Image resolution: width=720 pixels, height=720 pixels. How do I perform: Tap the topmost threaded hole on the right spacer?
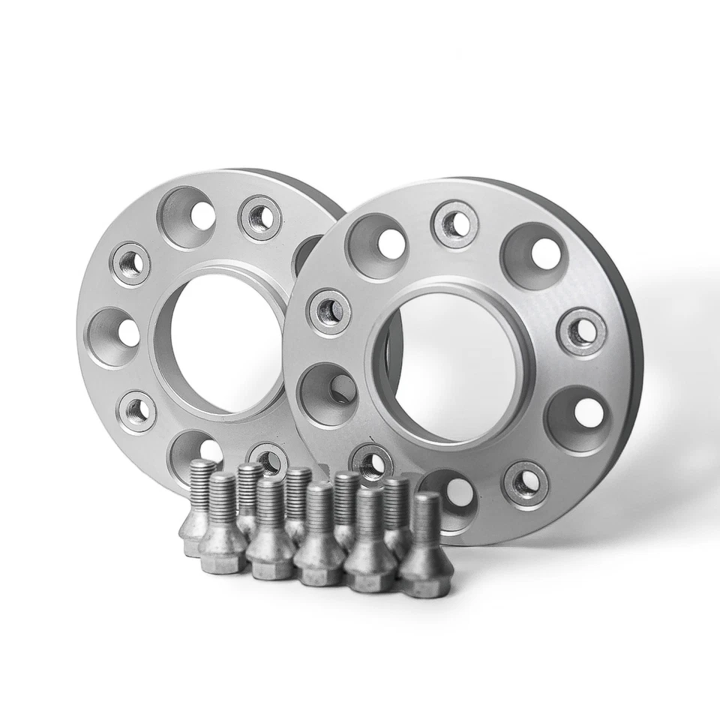[455, 223]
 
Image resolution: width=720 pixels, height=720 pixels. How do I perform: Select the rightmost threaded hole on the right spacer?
[581, 331]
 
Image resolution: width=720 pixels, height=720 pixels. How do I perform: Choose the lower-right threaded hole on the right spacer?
[526, 484]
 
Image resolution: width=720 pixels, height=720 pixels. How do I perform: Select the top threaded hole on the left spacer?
[260, 218]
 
